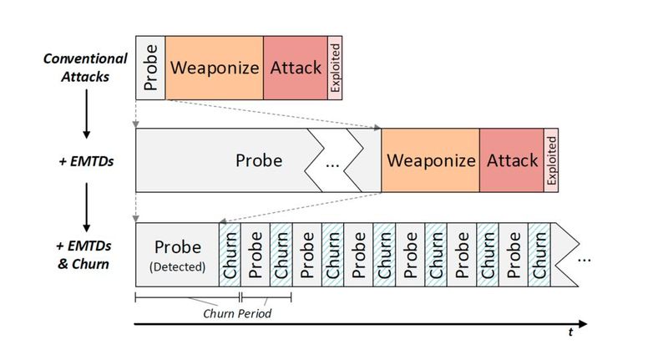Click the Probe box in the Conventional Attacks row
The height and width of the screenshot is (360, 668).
150,68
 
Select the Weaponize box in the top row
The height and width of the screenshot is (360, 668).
215,68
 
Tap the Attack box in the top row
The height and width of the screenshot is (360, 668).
296,68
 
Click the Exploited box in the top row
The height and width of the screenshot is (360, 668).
335,68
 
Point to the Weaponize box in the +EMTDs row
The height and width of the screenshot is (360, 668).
430,160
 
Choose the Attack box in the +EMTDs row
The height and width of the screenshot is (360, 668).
511,160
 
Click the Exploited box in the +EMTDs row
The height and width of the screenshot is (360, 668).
551,160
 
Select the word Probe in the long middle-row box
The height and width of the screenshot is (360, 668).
258,160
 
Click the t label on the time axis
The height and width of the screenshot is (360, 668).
570,332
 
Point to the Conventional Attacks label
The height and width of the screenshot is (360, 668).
85,68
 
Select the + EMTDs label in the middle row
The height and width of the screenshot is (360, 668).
86,160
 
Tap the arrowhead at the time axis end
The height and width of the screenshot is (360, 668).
583,322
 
